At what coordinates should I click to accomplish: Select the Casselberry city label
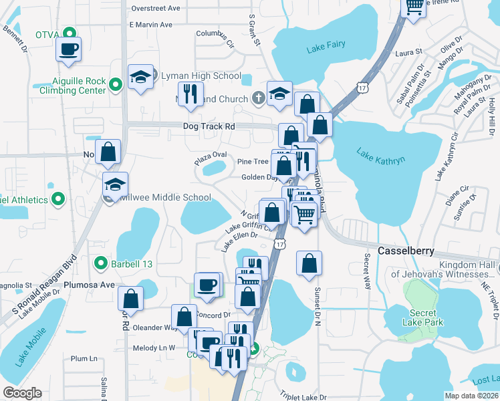coord(406,251)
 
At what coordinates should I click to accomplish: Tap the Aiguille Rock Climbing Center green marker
coord(115,84)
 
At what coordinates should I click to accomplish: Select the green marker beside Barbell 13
coord(100,263)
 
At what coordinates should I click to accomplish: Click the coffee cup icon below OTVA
coord(69,49)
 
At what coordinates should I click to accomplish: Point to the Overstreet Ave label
coord(156,9)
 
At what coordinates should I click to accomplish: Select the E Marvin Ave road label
coord(151,25)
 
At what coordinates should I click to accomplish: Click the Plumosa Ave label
coord(90,284)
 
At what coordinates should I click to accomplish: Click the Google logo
coord(22,393)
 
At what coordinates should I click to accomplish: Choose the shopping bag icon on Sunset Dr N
coord(309,265)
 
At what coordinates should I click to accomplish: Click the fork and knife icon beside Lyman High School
coord(191,95)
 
